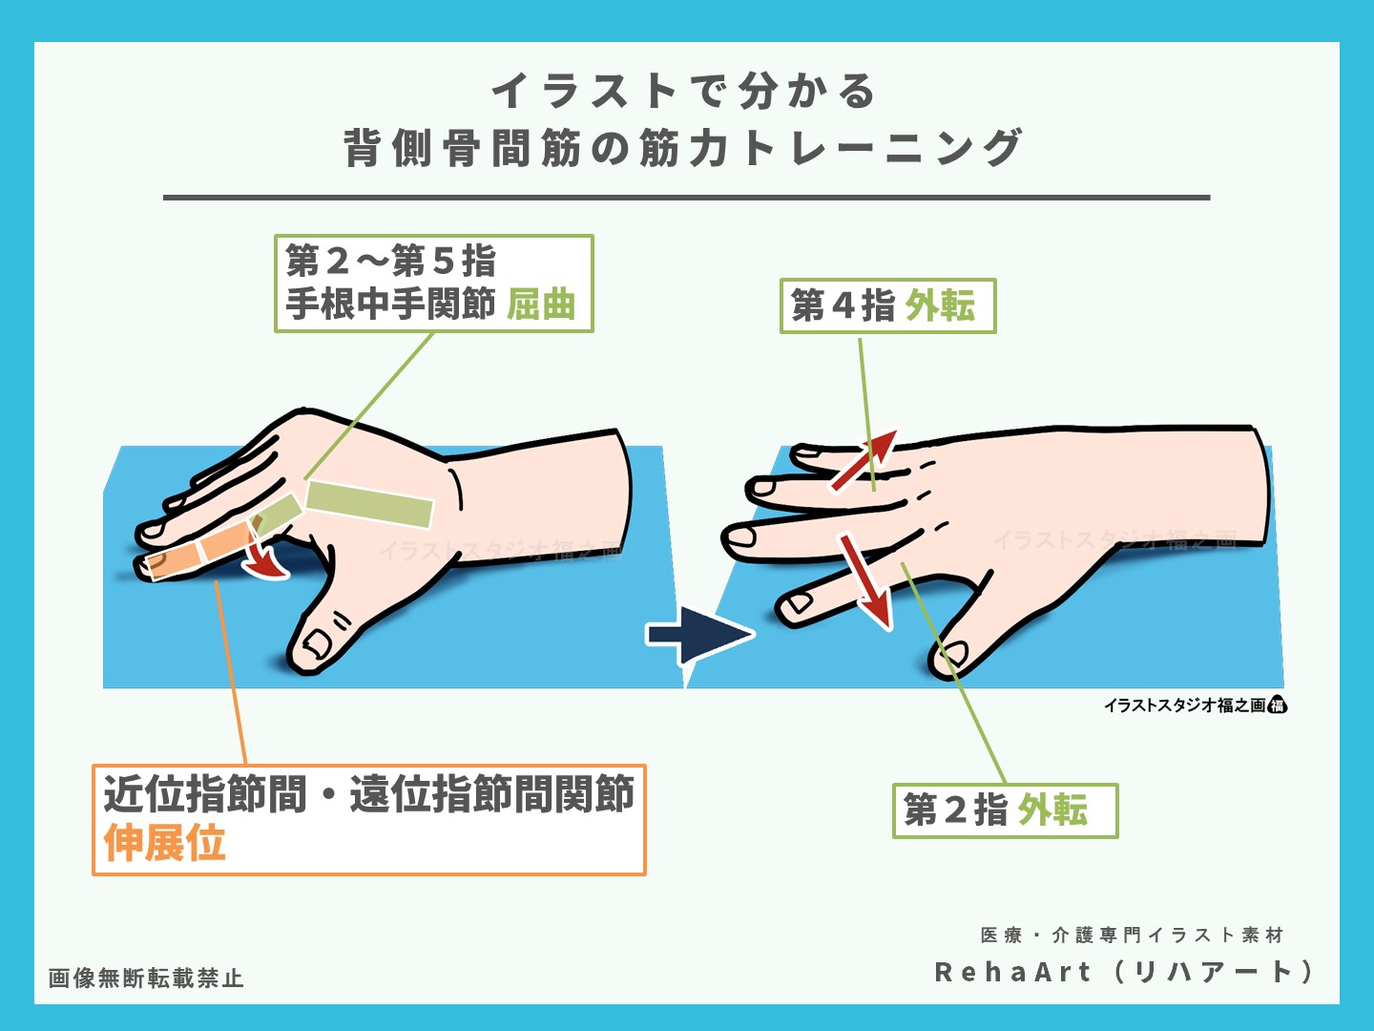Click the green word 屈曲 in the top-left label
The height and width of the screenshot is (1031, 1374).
541,305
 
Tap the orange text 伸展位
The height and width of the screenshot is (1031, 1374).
165,843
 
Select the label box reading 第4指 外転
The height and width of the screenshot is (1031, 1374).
887,305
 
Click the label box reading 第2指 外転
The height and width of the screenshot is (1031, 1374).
1004,810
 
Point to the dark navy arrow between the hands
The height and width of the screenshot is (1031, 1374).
698,634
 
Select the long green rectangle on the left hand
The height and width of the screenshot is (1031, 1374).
369,504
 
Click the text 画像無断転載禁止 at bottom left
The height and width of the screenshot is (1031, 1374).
146,978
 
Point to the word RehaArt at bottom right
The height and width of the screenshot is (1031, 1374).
1012,972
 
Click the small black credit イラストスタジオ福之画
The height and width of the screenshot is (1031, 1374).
1184,705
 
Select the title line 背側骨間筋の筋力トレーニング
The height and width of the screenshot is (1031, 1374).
683,149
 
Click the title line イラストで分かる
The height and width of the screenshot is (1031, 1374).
683,92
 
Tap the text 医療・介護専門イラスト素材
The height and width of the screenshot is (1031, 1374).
1132,935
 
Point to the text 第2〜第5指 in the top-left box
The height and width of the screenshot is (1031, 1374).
391,260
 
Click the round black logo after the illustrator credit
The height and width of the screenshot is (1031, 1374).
1278,705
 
